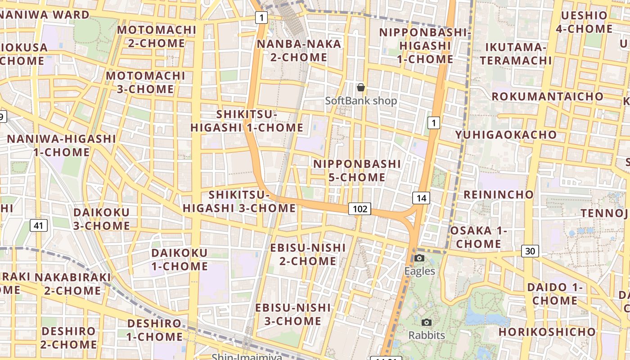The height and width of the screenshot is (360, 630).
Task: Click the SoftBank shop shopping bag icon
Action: tap(360, 87)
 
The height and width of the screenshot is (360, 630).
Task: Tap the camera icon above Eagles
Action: tap(419, 258)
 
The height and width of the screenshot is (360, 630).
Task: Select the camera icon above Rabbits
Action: tap(426, 322)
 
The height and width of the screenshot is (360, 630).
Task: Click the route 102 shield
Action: tap(360, 209)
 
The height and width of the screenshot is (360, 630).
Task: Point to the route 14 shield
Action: tap(421, 198)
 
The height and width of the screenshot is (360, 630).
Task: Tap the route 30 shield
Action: tap(531, 251)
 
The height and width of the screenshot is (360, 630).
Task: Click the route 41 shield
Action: tap(39, 225)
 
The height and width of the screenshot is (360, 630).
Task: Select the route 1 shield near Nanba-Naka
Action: tap(261, 18)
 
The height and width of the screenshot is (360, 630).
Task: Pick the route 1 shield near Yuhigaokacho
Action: tap(433, 122)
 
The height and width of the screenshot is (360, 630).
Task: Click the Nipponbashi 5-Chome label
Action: tap(357, 171)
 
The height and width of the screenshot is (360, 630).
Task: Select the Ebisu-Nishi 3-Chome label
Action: tap(293, 314)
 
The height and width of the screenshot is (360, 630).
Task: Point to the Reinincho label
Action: tap(498, 194)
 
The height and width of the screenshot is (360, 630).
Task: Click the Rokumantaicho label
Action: tap(547, 96)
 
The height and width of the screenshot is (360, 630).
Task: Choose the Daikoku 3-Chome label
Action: tap(102, 219)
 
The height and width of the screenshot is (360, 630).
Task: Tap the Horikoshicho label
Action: tap(547, 332)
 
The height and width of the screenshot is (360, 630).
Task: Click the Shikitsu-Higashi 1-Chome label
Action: tap(247, 121)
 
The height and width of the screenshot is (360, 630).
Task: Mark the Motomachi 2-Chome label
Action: tap(157, 37)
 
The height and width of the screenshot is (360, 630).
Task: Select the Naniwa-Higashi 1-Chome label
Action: tap(62, 145)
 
